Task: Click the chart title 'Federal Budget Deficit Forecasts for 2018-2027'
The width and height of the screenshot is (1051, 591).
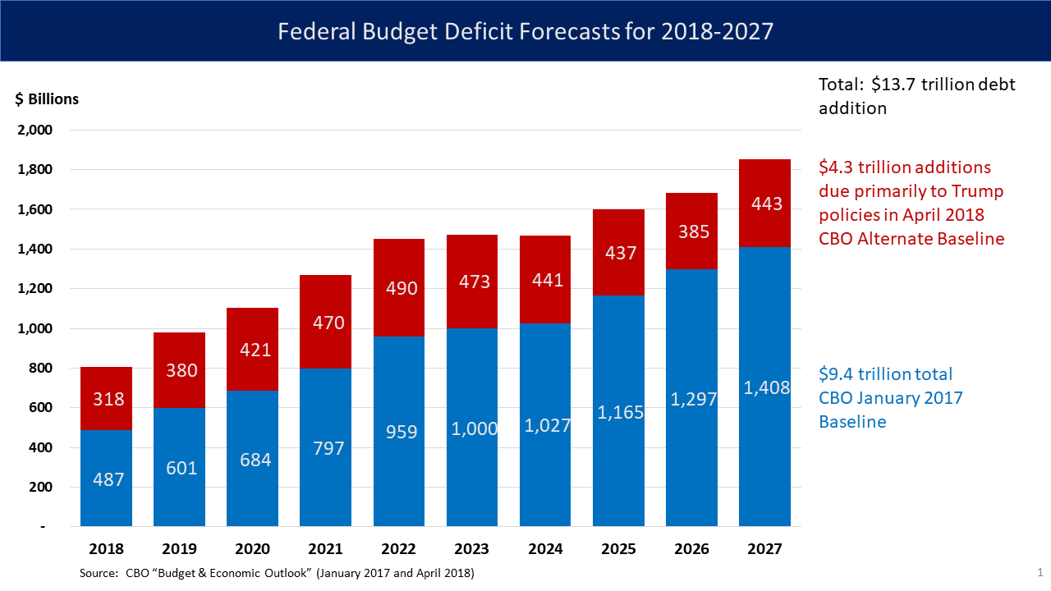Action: tap(525, 31)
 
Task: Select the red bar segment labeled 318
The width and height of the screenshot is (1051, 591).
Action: tap(106, 398)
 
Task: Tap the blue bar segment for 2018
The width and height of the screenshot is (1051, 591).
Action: tap(106, 478)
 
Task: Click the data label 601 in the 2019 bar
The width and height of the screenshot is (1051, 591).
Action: tap(181, 468)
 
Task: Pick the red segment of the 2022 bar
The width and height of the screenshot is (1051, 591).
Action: tap(399, 287)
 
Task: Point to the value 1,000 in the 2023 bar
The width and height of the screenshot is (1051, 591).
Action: tap(472, 428)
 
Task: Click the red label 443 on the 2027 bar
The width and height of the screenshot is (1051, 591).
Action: tap(765, 204)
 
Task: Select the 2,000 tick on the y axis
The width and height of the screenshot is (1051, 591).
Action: tap(34, 130)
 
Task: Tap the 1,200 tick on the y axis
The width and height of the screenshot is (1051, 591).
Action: tap(34, 289)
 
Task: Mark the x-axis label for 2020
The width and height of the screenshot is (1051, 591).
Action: tap(252, 549)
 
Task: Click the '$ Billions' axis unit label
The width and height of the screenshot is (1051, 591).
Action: tap(47, 99)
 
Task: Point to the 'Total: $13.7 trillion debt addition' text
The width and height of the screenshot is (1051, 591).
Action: tap(916, 96)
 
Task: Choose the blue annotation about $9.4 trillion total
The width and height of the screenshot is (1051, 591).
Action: tap(890, 398)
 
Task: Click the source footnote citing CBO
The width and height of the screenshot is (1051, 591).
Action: tap(277, 573)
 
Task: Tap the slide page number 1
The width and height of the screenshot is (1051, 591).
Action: tap(1040, 572)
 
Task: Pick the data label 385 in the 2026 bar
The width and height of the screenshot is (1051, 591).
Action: tap(691, 232)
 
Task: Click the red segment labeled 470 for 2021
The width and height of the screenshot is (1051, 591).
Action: tap(325, 322)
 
